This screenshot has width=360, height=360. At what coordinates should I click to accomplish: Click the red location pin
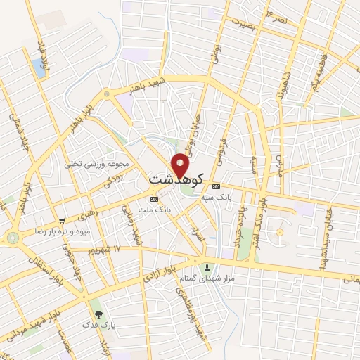click(181, 164)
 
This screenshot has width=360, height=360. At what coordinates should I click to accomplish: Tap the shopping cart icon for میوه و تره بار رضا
click(63, 220)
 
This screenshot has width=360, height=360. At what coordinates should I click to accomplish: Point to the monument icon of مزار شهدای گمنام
click(207, 267)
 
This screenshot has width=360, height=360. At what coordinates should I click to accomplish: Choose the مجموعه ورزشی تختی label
click(97, 164)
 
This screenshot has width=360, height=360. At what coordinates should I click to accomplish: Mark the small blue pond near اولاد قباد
click(38, 68)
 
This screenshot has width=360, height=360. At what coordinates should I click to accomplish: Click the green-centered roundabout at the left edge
click(12, 238)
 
